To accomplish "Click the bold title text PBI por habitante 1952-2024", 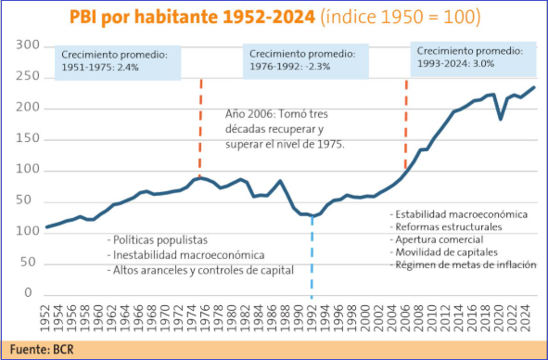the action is pyautogui.click(x=192, y=17).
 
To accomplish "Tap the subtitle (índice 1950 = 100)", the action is pyautogui.click(x=401, y=17).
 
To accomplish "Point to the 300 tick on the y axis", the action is pyautogui.click(x=28, y=45).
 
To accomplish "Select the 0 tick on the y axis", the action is pyautogui.click(x=29, y=292).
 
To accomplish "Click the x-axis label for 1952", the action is pyautogui.click(x=45, y=318).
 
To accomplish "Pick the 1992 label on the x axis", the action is pyautogui.click(x=312, y=318).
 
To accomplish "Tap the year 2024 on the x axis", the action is pyautogui.click(x=526, y=318).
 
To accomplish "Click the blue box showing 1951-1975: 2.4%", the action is pyautogui.click(x=118, y=62).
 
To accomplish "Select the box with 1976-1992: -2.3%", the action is pyautogui.click(x=306, y=61).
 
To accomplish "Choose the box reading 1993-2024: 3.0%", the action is pyautogui.click(x=473, y=58).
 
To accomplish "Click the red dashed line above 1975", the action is pyautogui.click(x=200, y=128).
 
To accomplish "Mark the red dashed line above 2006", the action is pyautogui.click(x=406, y=124).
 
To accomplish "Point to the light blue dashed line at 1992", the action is pyautogui.click(x=312, y=258).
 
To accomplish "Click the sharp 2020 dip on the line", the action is pyautogui.click(x=501, y=120).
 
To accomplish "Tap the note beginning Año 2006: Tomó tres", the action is pyautogui.click(x=285, y=129).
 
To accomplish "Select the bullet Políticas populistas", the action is pyautogui.click(x=158, y=240).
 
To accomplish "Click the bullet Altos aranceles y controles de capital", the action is pyautogui.click(x=200, y=270).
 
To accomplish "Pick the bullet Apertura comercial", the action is pyautogui.click(x=437, y=239).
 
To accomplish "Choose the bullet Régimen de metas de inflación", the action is pyautogui.click(x=463, y=264).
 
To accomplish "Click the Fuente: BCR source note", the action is pyautogui.click(x=42, y=349).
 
